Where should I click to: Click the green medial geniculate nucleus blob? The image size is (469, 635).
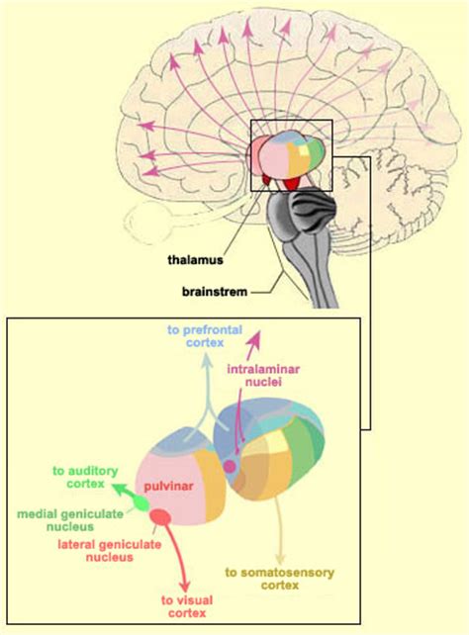click(141, 503)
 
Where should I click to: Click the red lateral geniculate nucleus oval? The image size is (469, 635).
click(159, 516)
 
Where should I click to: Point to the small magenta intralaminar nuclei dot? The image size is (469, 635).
click(231, 466)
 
